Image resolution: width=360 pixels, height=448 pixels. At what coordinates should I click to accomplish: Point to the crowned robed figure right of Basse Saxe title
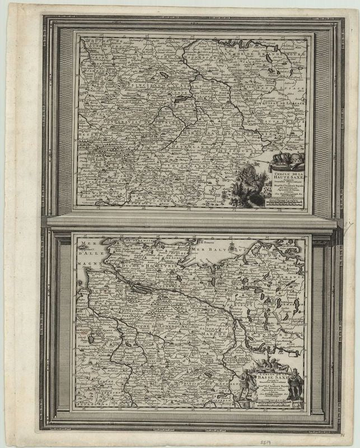(x=295, y=386)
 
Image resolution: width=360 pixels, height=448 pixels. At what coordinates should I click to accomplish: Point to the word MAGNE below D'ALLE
(x=87, y=262)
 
